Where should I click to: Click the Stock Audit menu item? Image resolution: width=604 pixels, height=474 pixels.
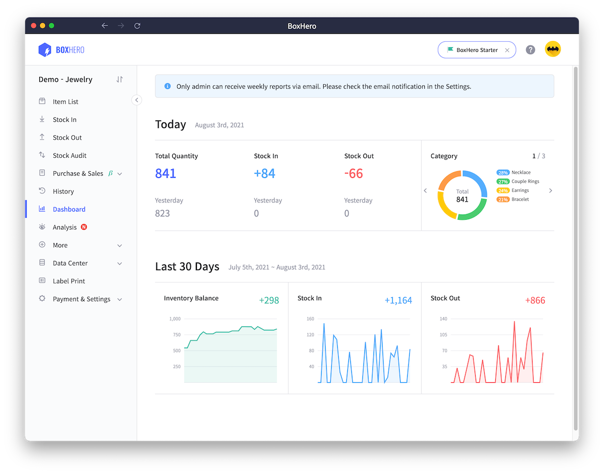pos(69,156)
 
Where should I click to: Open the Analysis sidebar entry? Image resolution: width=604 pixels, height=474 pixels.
pos(64,227)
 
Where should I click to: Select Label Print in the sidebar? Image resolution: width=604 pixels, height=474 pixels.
pos(68,281)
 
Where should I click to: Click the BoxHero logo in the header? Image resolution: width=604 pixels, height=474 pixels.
pos(61,50)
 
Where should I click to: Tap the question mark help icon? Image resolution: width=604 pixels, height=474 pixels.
pos(530,50)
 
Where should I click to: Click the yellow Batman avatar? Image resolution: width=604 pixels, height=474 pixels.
pos(553,49)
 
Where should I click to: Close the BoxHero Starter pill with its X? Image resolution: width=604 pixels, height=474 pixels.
pos(507,50)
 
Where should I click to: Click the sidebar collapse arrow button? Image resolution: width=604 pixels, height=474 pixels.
pos(136,100)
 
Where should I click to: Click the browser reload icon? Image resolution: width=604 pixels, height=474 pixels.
pos(137,26)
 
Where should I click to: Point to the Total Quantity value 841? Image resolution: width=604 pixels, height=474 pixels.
pos(166,174)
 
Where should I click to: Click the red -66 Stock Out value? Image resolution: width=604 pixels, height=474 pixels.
pos(353,174)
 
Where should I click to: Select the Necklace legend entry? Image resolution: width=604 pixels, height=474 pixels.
pos(520,172)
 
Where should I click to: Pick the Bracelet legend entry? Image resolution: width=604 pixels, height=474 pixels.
pos(519,199)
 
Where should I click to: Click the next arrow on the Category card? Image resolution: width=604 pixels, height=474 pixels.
pos(550,191)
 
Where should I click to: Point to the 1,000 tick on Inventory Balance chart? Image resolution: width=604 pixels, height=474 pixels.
pos(175,319)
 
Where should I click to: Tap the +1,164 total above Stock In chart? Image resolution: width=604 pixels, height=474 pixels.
pos(398,301)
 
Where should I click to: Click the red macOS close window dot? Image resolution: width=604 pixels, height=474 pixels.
pos(34,26)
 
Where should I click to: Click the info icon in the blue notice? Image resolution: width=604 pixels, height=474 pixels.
pos(168,86)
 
